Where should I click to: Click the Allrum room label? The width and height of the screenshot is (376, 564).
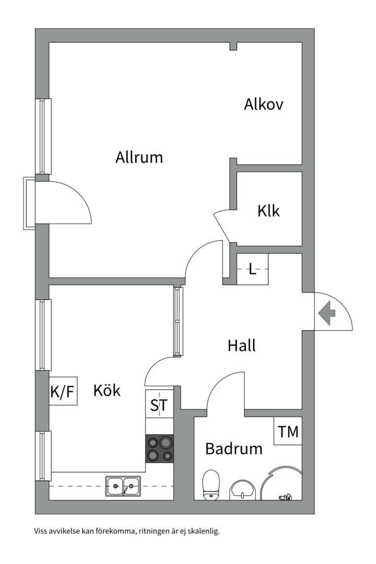click(139, 158)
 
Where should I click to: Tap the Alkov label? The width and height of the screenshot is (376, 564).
click(263, 104)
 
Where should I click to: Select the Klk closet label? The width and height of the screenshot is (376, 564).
click(268, 211)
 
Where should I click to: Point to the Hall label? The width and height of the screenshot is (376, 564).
click(242, 345)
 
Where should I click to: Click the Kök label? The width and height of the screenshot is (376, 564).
click(107, 390)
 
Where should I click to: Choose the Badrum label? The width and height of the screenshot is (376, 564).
click(234, 449)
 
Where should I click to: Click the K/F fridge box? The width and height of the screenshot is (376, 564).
click(63, 391)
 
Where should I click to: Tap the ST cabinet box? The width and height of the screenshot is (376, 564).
click(159, 404)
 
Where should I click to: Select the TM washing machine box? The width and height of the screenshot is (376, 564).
click(288, 431)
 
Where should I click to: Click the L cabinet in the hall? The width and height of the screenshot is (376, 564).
click(253, 269)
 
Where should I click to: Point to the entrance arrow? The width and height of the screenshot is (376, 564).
click(327, 313)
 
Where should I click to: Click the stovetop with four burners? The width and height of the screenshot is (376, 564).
click(159, 449)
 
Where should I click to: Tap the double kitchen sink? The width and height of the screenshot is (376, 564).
click(123, 486)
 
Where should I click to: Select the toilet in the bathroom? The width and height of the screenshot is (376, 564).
click(211, 485)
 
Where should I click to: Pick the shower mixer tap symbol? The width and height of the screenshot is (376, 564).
click(285, 498)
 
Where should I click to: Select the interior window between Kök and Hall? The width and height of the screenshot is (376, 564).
click(177, 321)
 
